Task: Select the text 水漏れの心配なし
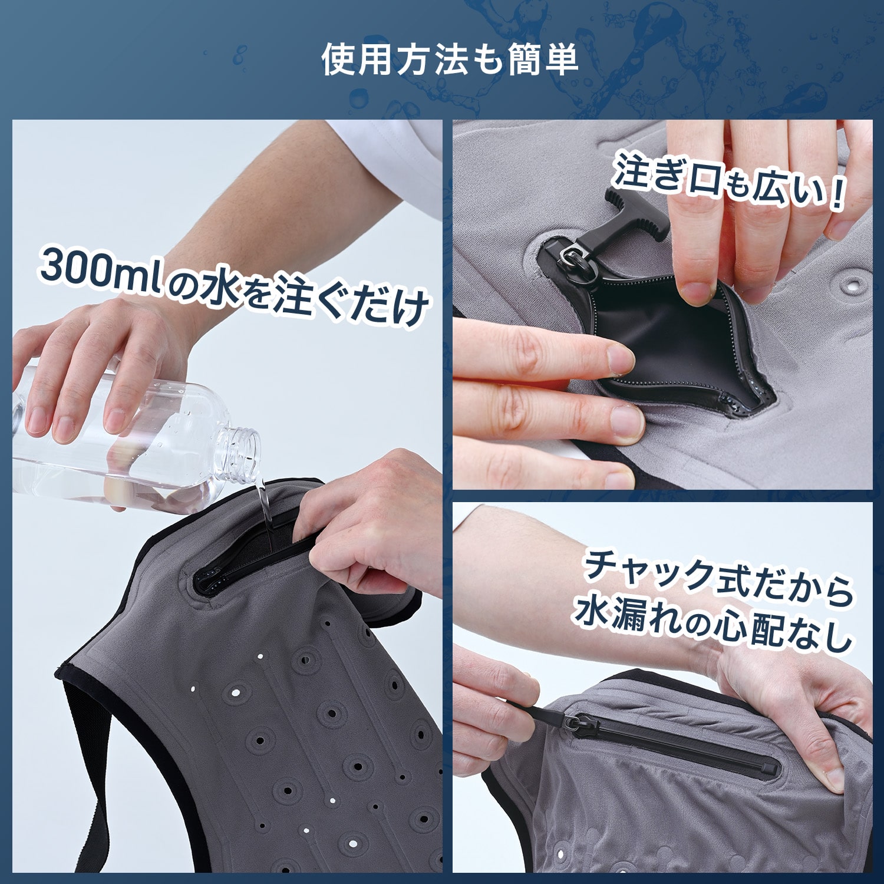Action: click(x=713, y=626)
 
